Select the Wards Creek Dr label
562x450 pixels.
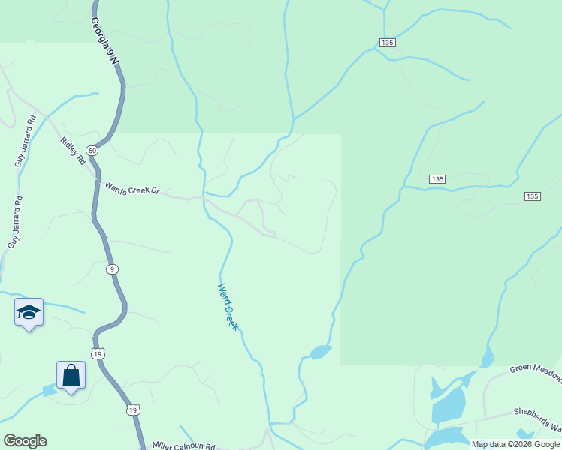coord(132,189)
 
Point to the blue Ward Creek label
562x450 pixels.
coord(228,307)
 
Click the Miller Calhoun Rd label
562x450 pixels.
coord(183,445)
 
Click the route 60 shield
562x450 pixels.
coord(92,151)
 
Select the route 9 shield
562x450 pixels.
coord(112,268)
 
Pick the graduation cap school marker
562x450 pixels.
coord(29,312)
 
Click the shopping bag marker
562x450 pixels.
coord(71,375)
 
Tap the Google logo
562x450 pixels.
coord(25,441)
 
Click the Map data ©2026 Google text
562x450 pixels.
coord(515,444)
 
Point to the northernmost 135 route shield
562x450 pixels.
coord(387,43)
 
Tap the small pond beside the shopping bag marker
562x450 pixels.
coord(50,389)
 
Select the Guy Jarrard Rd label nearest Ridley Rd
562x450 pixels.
coord(25,140)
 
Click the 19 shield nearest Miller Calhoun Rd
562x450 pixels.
coord(133,409)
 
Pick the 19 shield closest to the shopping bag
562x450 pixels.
coord(98,352)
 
